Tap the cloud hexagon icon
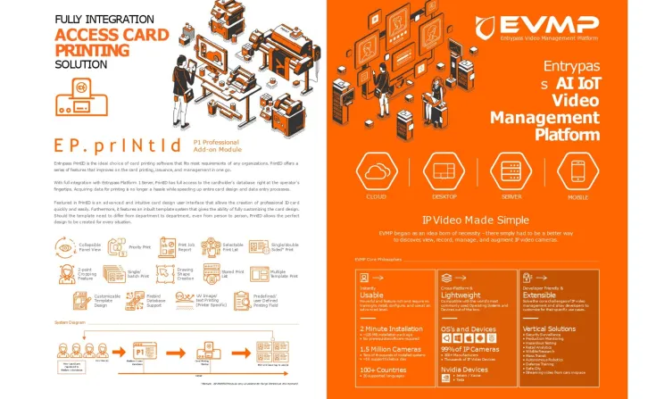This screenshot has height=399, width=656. coord(378,170)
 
